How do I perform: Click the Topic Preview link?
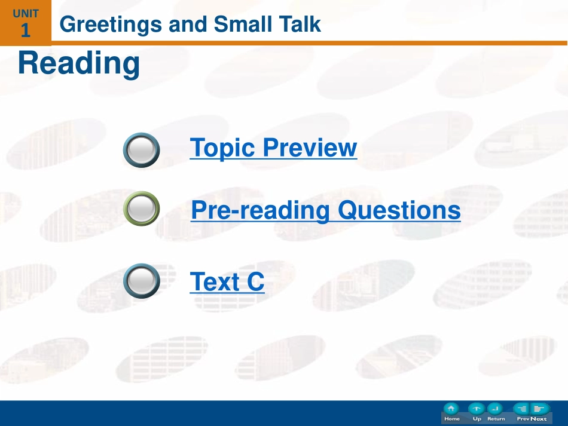(273, 148)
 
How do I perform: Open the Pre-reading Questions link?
(326, 210)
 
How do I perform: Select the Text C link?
(227, 281)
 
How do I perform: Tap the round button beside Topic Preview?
(141, 150)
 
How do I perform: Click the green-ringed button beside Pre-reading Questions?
(141, 209)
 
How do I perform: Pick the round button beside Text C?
(141, 281)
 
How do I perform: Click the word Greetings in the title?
(111, 25)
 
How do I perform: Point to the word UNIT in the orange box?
(26, 14)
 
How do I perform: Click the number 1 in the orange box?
(25, 30)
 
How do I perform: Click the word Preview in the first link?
(310, 148)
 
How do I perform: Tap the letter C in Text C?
(255, 281)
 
